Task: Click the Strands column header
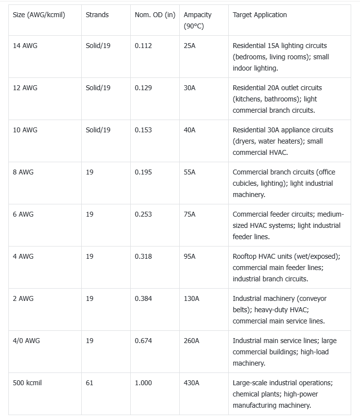pos(97,15)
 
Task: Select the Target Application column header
pos(260,15)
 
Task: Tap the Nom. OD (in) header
pos(155,15)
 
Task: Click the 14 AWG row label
pos(25,46)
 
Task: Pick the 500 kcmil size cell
pos(27,383)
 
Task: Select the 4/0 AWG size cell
pos(26,341)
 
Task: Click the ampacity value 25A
pos(190,46)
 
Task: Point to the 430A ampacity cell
pos(192,383)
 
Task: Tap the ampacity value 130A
pos(192,298)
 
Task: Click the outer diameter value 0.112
pos(143,46)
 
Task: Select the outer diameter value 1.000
pos(143,383)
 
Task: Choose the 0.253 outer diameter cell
pos(143,214)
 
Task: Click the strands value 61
pos(89,383)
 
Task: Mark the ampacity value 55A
pos(190,172)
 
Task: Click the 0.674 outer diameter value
pos(143,341)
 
